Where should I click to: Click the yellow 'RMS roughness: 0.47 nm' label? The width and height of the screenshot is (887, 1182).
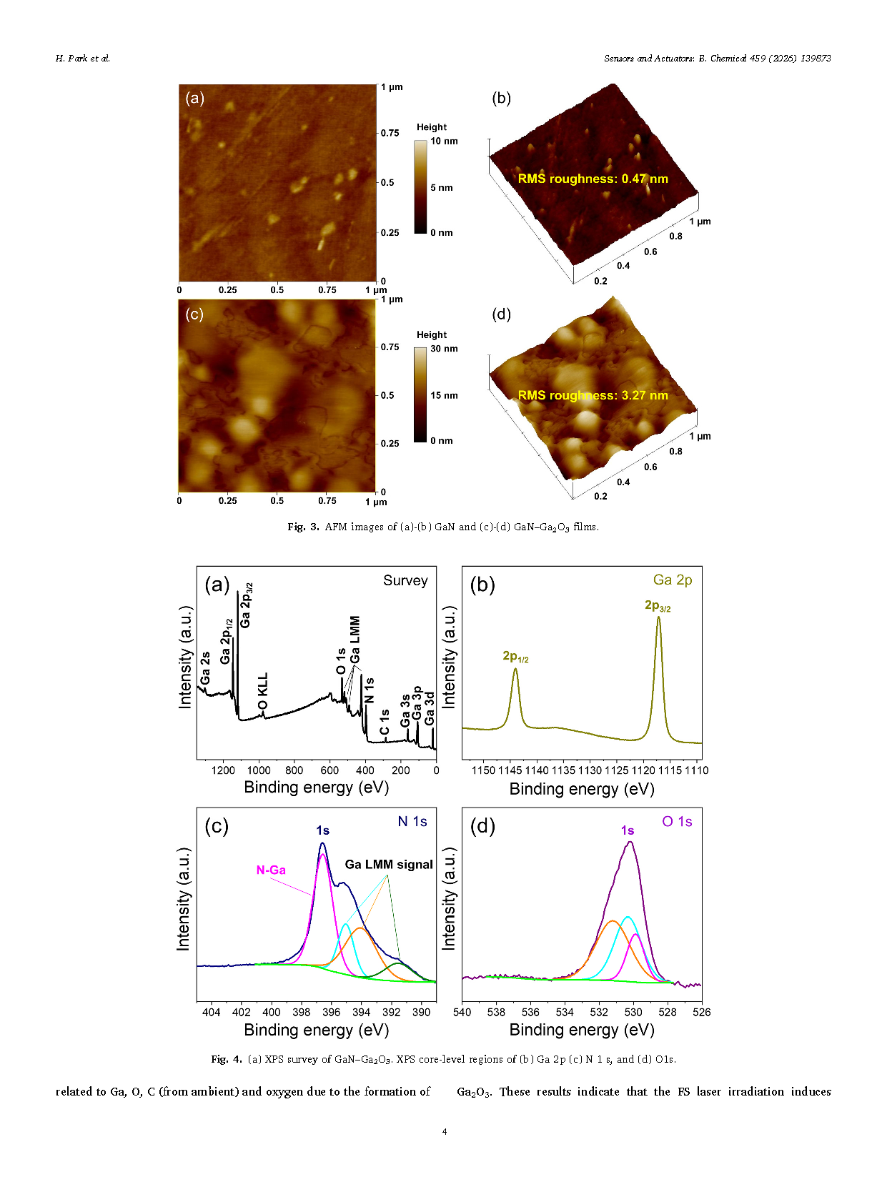pyautogui.click(x=593, y=179)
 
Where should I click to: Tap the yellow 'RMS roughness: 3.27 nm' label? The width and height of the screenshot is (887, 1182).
pyautogui.click(x=593, y=395)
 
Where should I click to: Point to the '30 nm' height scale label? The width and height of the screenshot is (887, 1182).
pyautogui.click(x=444, y=349)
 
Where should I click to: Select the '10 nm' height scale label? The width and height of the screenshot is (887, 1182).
pyautogui.click(x=444, y=141)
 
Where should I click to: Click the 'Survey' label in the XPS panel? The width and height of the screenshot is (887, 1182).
pyautogui.click(x=405, y=580)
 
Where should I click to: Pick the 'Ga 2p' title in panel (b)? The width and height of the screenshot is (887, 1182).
pyautogui.click(x=673, y=580)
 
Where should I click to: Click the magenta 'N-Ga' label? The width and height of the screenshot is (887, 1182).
pyautogui.click(x=271, y=870)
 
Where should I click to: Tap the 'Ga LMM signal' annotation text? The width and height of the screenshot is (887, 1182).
pyautogui.click(x=389, y=864)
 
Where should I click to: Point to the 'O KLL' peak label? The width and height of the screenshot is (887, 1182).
pyautogui.click(x=263, y=691)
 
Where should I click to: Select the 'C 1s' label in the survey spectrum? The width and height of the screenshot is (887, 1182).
pyautogui.click(x=385, y=722)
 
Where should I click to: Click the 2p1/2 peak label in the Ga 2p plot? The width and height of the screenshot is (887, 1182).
pyautogui.click(x=515, y=656)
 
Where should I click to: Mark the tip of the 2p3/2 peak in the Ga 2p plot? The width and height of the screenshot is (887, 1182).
pyautogui.click(x=658, y=617)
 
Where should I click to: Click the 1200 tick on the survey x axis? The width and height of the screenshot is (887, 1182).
pyautogui.click(x=224, y=770)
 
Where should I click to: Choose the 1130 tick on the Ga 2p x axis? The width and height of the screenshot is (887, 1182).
pyautogui.click(x=590, y=770)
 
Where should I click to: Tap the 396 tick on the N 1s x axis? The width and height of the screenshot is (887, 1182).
pyautogui.click(x=331, y=1012)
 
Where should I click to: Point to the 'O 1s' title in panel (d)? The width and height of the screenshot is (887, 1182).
pyautogui.click(x=677, y=821)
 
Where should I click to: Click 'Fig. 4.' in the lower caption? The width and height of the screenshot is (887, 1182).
pyautogui.click(x=227, y=1059)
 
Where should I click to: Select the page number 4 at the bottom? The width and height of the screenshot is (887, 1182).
pyautogui.click(x=445, y=1131)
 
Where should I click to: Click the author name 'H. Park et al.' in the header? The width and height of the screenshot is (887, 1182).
pyautogui.click(x=83, y=59)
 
